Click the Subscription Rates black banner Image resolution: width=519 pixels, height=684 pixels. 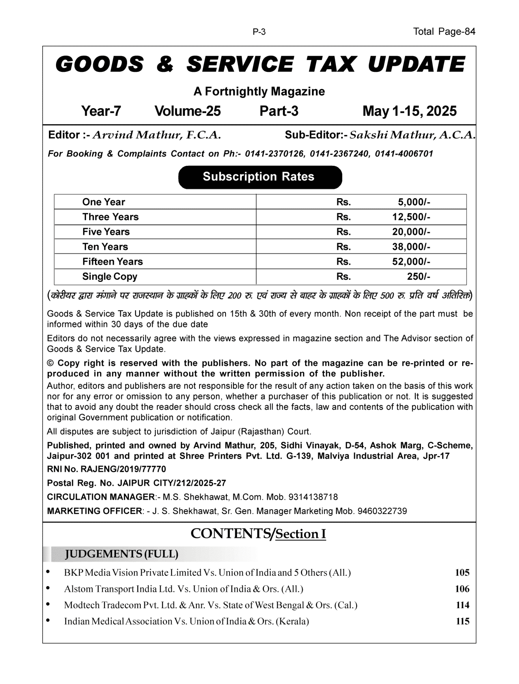(260, 177)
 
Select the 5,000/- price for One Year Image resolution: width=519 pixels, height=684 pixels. (414, 202)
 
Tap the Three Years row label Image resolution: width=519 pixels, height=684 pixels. (110, 217)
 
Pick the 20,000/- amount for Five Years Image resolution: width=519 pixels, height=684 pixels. (411, 232)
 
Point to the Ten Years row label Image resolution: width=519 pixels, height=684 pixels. (105, 247)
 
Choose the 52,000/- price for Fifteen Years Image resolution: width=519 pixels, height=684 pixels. (411, 262)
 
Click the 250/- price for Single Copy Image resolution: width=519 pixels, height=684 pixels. (418, 277)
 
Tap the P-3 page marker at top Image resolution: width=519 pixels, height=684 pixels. (259, 32)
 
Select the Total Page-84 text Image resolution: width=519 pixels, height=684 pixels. (444, 32)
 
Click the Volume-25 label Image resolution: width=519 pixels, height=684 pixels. (187, 111)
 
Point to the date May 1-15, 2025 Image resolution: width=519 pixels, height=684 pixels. (409, 111)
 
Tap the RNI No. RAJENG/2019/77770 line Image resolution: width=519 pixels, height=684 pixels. (106, 469)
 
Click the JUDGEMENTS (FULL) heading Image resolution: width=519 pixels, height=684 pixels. (121, 554)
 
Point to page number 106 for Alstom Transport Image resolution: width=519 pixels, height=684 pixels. (462, 589)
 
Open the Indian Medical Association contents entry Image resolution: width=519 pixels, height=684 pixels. (187, 621)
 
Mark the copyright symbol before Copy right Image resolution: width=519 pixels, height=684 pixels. (50, 363)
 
